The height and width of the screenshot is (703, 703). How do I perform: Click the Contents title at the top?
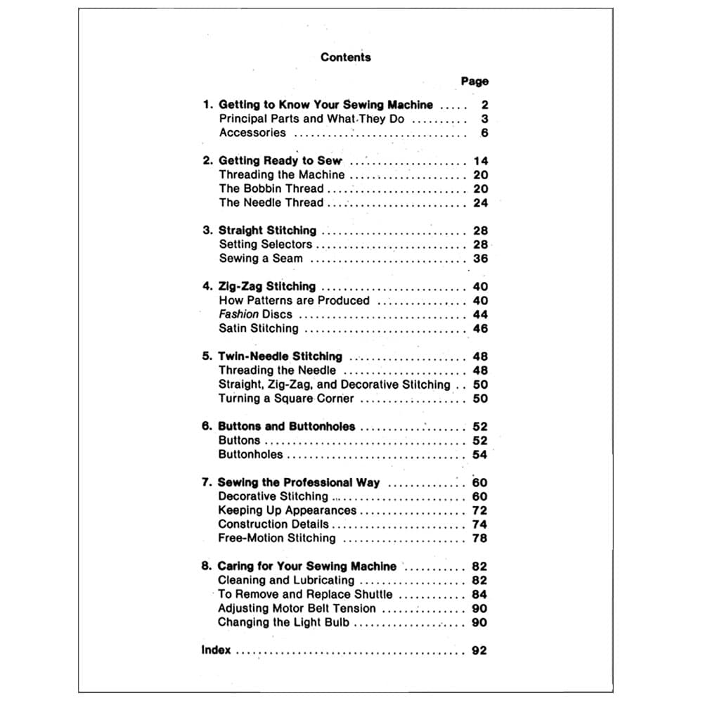(345, 57)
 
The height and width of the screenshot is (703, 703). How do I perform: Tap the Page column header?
(475, 82)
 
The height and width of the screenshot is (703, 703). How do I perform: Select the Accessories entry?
(252, 133)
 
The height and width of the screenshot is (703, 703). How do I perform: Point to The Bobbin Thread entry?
(271, 188)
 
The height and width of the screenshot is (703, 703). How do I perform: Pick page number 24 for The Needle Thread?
(480, 202)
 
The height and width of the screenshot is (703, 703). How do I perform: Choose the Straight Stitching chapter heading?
(267, 231)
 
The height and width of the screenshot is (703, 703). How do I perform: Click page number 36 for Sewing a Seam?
(480, 259)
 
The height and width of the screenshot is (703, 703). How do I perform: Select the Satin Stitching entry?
(258, 328)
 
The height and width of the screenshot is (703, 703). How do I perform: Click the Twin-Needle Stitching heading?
(280, 356)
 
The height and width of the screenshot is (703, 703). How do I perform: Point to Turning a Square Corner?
(286, 399)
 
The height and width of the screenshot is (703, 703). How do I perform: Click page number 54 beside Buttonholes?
(480, 455)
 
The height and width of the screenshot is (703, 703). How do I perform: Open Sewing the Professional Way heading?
(299, 482)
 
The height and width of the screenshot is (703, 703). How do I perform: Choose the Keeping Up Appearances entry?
(287, 510)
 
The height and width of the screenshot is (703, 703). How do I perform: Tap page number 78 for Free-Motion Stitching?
(480, 538)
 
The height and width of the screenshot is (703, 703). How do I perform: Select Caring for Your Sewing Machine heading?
(307, 566)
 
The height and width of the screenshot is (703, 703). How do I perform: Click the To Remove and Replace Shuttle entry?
(305, 594)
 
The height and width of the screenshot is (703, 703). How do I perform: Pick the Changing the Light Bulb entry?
(283, 622)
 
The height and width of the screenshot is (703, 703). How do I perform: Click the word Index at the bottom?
(216, 650)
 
